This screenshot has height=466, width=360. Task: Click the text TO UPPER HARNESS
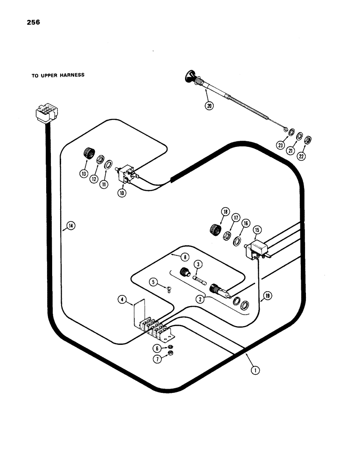[58, 75]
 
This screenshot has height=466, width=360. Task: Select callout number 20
[209, 105]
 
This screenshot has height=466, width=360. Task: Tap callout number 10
[122, 193]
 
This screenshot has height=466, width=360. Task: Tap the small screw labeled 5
[168, 290]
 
